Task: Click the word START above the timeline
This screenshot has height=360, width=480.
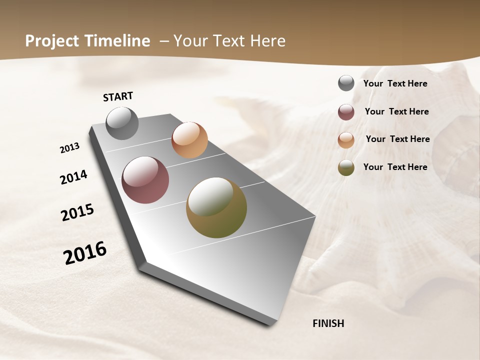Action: tap(118, 96)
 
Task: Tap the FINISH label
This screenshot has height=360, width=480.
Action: tap(328, 323)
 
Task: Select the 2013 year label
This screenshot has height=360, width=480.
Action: tap(70, 148)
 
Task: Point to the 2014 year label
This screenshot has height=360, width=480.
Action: tap(74, 177)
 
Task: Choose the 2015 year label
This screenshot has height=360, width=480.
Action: tap(77, 212)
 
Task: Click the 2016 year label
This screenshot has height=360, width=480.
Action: tap(85, 253)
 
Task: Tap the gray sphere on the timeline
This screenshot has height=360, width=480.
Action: tap(122, 123)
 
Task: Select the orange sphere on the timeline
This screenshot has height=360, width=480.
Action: tap(189, 140)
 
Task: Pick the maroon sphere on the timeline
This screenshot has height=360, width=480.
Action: tap(145, 180)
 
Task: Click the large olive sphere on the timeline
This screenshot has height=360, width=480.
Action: tap(216, 207)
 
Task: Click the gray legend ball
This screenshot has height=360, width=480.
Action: tap(346, 83)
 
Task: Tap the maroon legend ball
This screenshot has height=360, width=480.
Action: tap(346, 112)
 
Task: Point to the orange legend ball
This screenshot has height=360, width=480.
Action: tap(346, 140)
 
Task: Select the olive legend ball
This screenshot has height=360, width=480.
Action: tap(346, 167)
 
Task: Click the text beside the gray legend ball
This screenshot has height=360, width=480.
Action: tap(395, 83)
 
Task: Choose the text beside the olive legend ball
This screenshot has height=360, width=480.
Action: tap(395, 167)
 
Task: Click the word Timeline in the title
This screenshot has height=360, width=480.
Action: tap(117, 41)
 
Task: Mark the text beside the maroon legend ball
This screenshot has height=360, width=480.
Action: tap(396, 111)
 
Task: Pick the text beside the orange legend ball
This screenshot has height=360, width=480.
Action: tap(397, 139)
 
